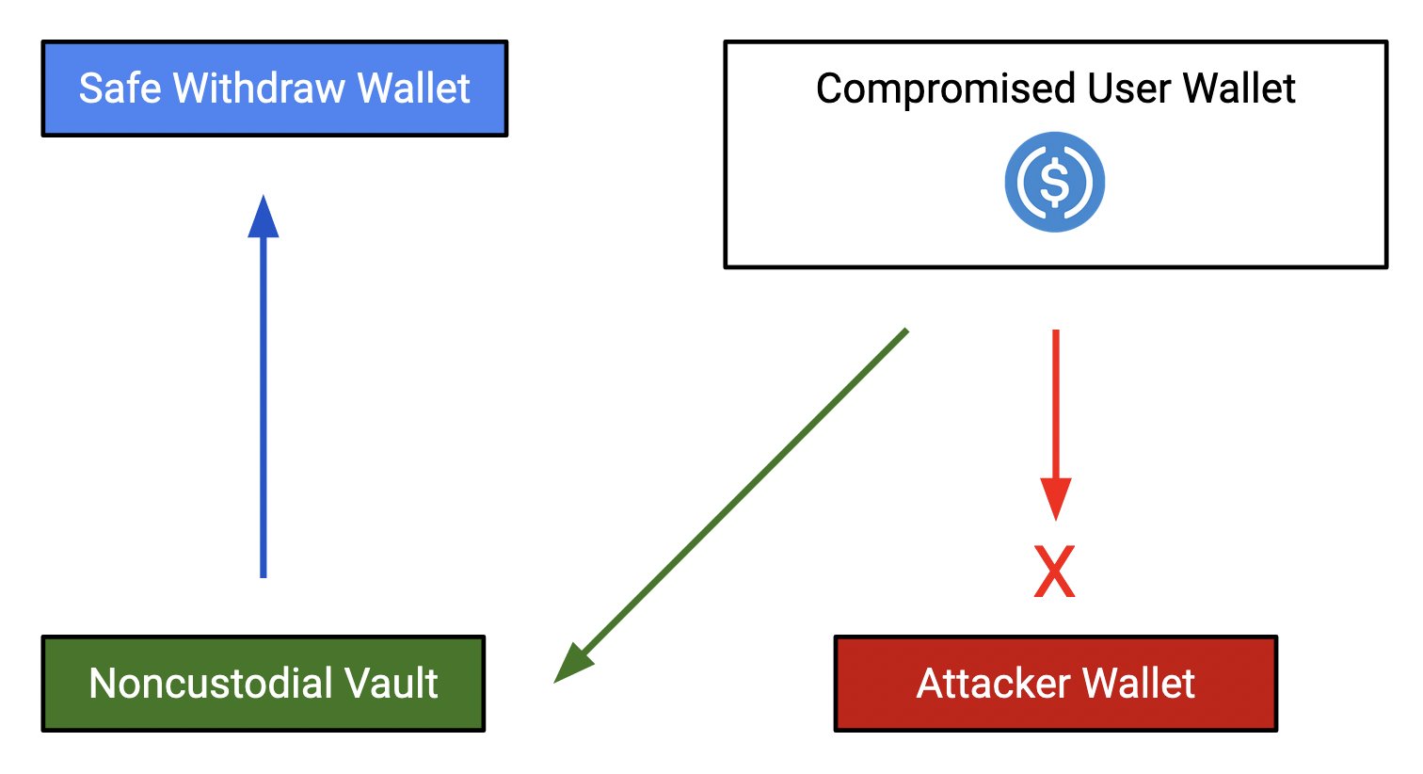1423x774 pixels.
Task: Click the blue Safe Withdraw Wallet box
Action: tap(275, 89)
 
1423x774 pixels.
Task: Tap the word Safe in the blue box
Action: tap(120, 88)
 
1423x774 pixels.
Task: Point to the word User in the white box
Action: tap(1128, 88)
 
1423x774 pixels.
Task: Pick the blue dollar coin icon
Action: tap(1054, 182)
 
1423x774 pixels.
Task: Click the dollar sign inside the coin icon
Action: tap(1054, 182)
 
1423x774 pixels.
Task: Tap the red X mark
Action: tap(1054, 572)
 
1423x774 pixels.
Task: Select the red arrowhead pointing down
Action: tap(1056, 499)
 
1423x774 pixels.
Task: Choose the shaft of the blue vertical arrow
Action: tap(263, 407)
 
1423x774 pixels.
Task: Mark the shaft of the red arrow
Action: tap(1056, 404)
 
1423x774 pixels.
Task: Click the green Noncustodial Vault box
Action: tap(264, 684)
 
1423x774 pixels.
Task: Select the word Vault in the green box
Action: tap(382, 684)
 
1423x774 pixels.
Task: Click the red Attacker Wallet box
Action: tap(1056, 684)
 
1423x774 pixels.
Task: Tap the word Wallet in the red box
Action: tap(1139, 684)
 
